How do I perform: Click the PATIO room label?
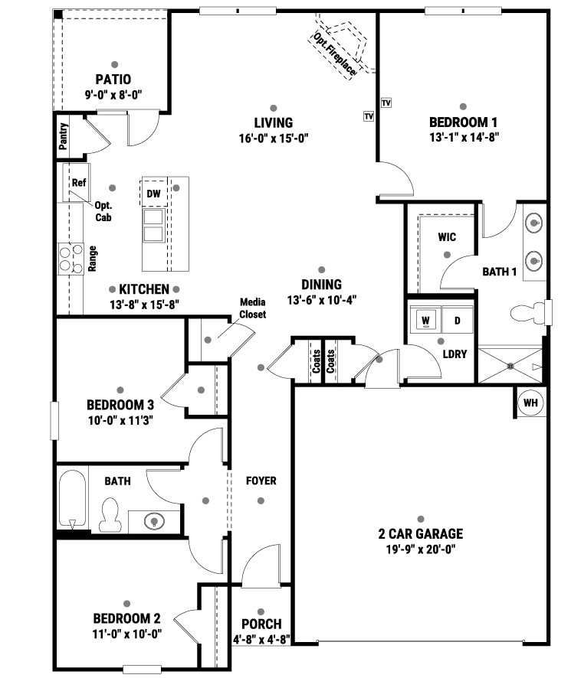pyautogui.click(x=113, y=80)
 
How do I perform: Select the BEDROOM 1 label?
pyautogui.click(x=463, y=122)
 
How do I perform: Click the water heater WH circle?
pyautogui.click(x=530, y=403)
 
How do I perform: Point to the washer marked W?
pyautogui.click(x=425, y=321)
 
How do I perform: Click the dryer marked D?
pyautogui.click(x=457, y=321)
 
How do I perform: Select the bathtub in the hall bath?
pyautogui.click(x=72, y=499)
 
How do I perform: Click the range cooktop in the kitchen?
pyautogui.click(x=71, y=259)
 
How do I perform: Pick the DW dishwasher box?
pyautogui.click(x=154, y=194)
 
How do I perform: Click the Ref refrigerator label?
pyautogui.click(x=79, y=182)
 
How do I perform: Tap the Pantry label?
pyautogui.click(x=64, y=136)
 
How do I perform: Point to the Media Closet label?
pyautogui.click(x=253, y=308)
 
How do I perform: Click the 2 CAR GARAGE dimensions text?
pyautogui.click(x=421, y=549)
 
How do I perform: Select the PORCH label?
pyautogui.click(x=261, y=624)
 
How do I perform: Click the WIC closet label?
pyautogui.click(x=447, y=237)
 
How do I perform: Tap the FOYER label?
pyautogui.click(x=261, y=481)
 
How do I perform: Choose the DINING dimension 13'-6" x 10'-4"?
pyautogui.click(x=321, y=300)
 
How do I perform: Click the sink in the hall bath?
pyautogui.click(x=154, y=520)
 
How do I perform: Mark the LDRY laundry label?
pyautogui.click(x=455, y=354)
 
